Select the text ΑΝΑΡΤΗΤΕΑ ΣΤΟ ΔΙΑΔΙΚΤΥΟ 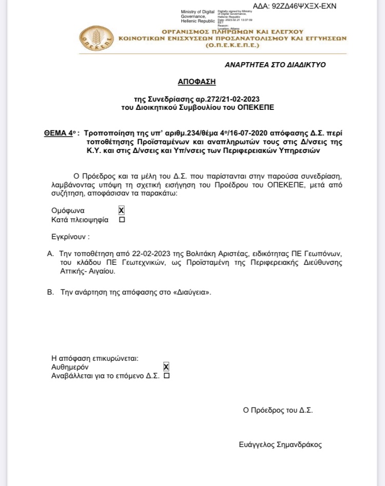tap(275, 65)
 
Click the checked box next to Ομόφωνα tap(122, 210)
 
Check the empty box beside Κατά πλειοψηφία tap(122, 220)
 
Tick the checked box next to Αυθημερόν tap(166, 367)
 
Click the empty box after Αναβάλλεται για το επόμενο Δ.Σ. tap(166, 376)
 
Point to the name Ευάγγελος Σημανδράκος tap(280, 445)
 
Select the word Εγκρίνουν tap(70, 237)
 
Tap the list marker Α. tap(50, 254)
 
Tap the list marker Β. tap(50, 291)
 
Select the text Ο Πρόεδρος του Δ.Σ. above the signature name tap(278, 410)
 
